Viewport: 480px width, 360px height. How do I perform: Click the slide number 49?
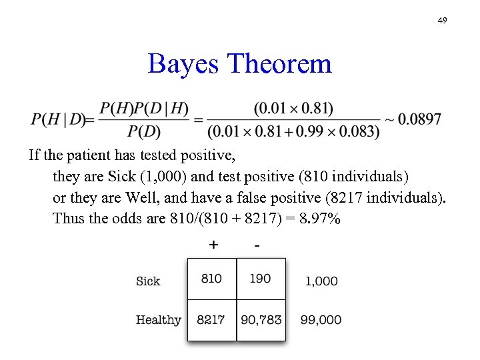coord(442,21)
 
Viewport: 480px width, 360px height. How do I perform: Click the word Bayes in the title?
coord(183,64)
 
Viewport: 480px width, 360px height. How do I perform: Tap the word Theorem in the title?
coord(279,64)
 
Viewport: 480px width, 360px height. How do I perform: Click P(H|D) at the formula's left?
coord(58,120)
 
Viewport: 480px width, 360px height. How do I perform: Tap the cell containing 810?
coord(211,279)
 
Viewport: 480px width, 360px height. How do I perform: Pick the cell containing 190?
coord(260,279)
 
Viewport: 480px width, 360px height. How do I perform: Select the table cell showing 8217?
coord(211,320)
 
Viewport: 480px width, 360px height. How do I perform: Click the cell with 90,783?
coord(261,320)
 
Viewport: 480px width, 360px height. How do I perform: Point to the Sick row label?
coord(148,281)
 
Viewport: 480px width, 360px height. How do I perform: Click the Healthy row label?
coord(159,320)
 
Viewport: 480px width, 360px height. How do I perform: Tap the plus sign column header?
coord(213,245)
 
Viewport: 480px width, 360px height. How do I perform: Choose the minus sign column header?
coord(257,245)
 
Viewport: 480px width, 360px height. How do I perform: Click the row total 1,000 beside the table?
coord(321,281)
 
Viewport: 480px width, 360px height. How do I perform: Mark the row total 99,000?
coord(321,320)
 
